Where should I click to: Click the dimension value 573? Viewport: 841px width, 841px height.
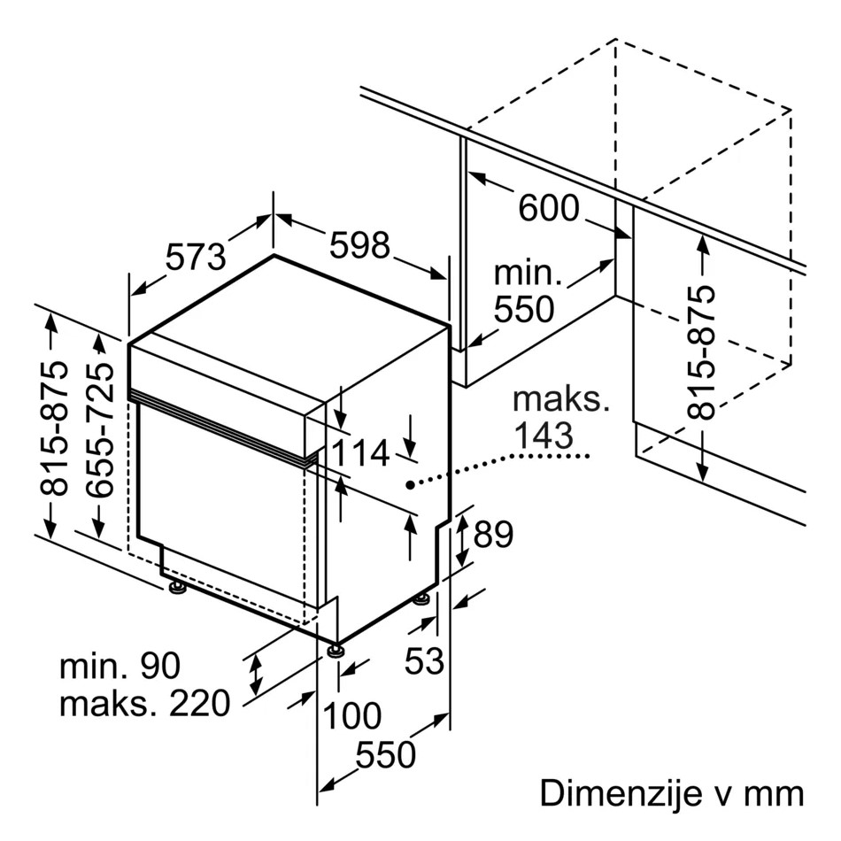pos(196,258)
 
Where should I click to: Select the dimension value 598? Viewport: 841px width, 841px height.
pos(359,245)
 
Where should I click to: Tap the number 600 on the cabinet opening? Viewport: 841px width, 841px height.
pos(548,209)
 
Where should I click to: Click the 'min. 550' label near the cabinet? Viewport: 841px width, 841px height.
pos(527,291)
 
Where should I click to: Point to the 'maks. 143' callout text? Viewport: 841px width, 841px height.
pos(560,417)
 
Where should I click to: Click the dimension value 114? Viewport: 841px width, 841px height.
pos(361,454)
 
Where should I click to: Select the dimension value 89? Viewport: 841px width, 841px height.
pos(493,535)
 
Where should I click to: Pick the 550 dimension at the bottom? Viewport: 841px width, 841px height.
pos(385,755)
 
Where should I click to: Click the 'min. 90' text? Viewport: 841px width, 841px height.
pos(120,666)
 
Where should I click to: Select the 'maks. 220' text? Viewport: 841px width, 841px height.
pos(144,705)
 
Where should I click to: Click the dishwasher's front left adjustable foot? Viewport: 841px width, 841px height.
pos(177,586)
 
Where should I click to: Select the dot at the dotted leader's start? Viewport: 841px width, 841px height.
pos(410,484)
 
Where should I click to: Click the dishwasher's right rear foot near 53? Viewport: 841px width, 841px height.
pos(422,599)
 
